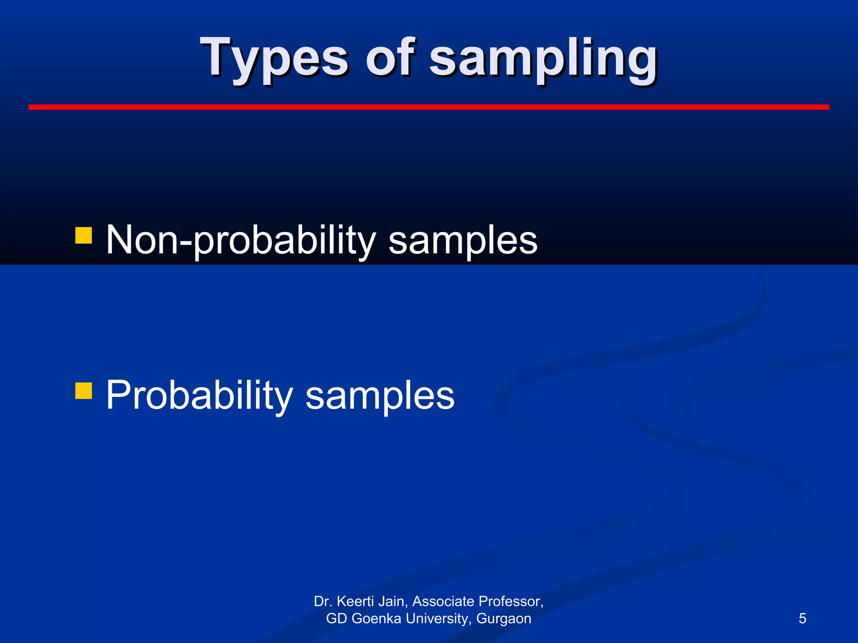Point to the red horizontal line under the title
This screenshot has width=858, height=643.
429,108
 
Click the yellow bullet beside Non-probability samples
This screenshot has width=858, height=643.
83,235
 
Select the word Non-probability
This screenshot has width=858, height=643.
241,240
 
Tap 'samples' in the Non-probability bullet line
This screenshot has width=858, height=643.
463,241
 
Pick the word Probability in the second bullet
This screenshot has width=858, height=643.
199,395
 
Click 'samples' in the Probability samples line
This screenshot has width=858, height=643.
380,396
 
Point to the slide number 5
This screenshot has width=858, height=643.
802,618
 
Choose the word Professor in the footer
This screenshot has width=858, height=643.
511,602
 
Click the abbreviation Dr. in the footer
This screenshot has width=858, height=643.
323,602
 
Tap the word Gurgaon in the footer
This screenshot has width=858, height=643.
504,619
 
